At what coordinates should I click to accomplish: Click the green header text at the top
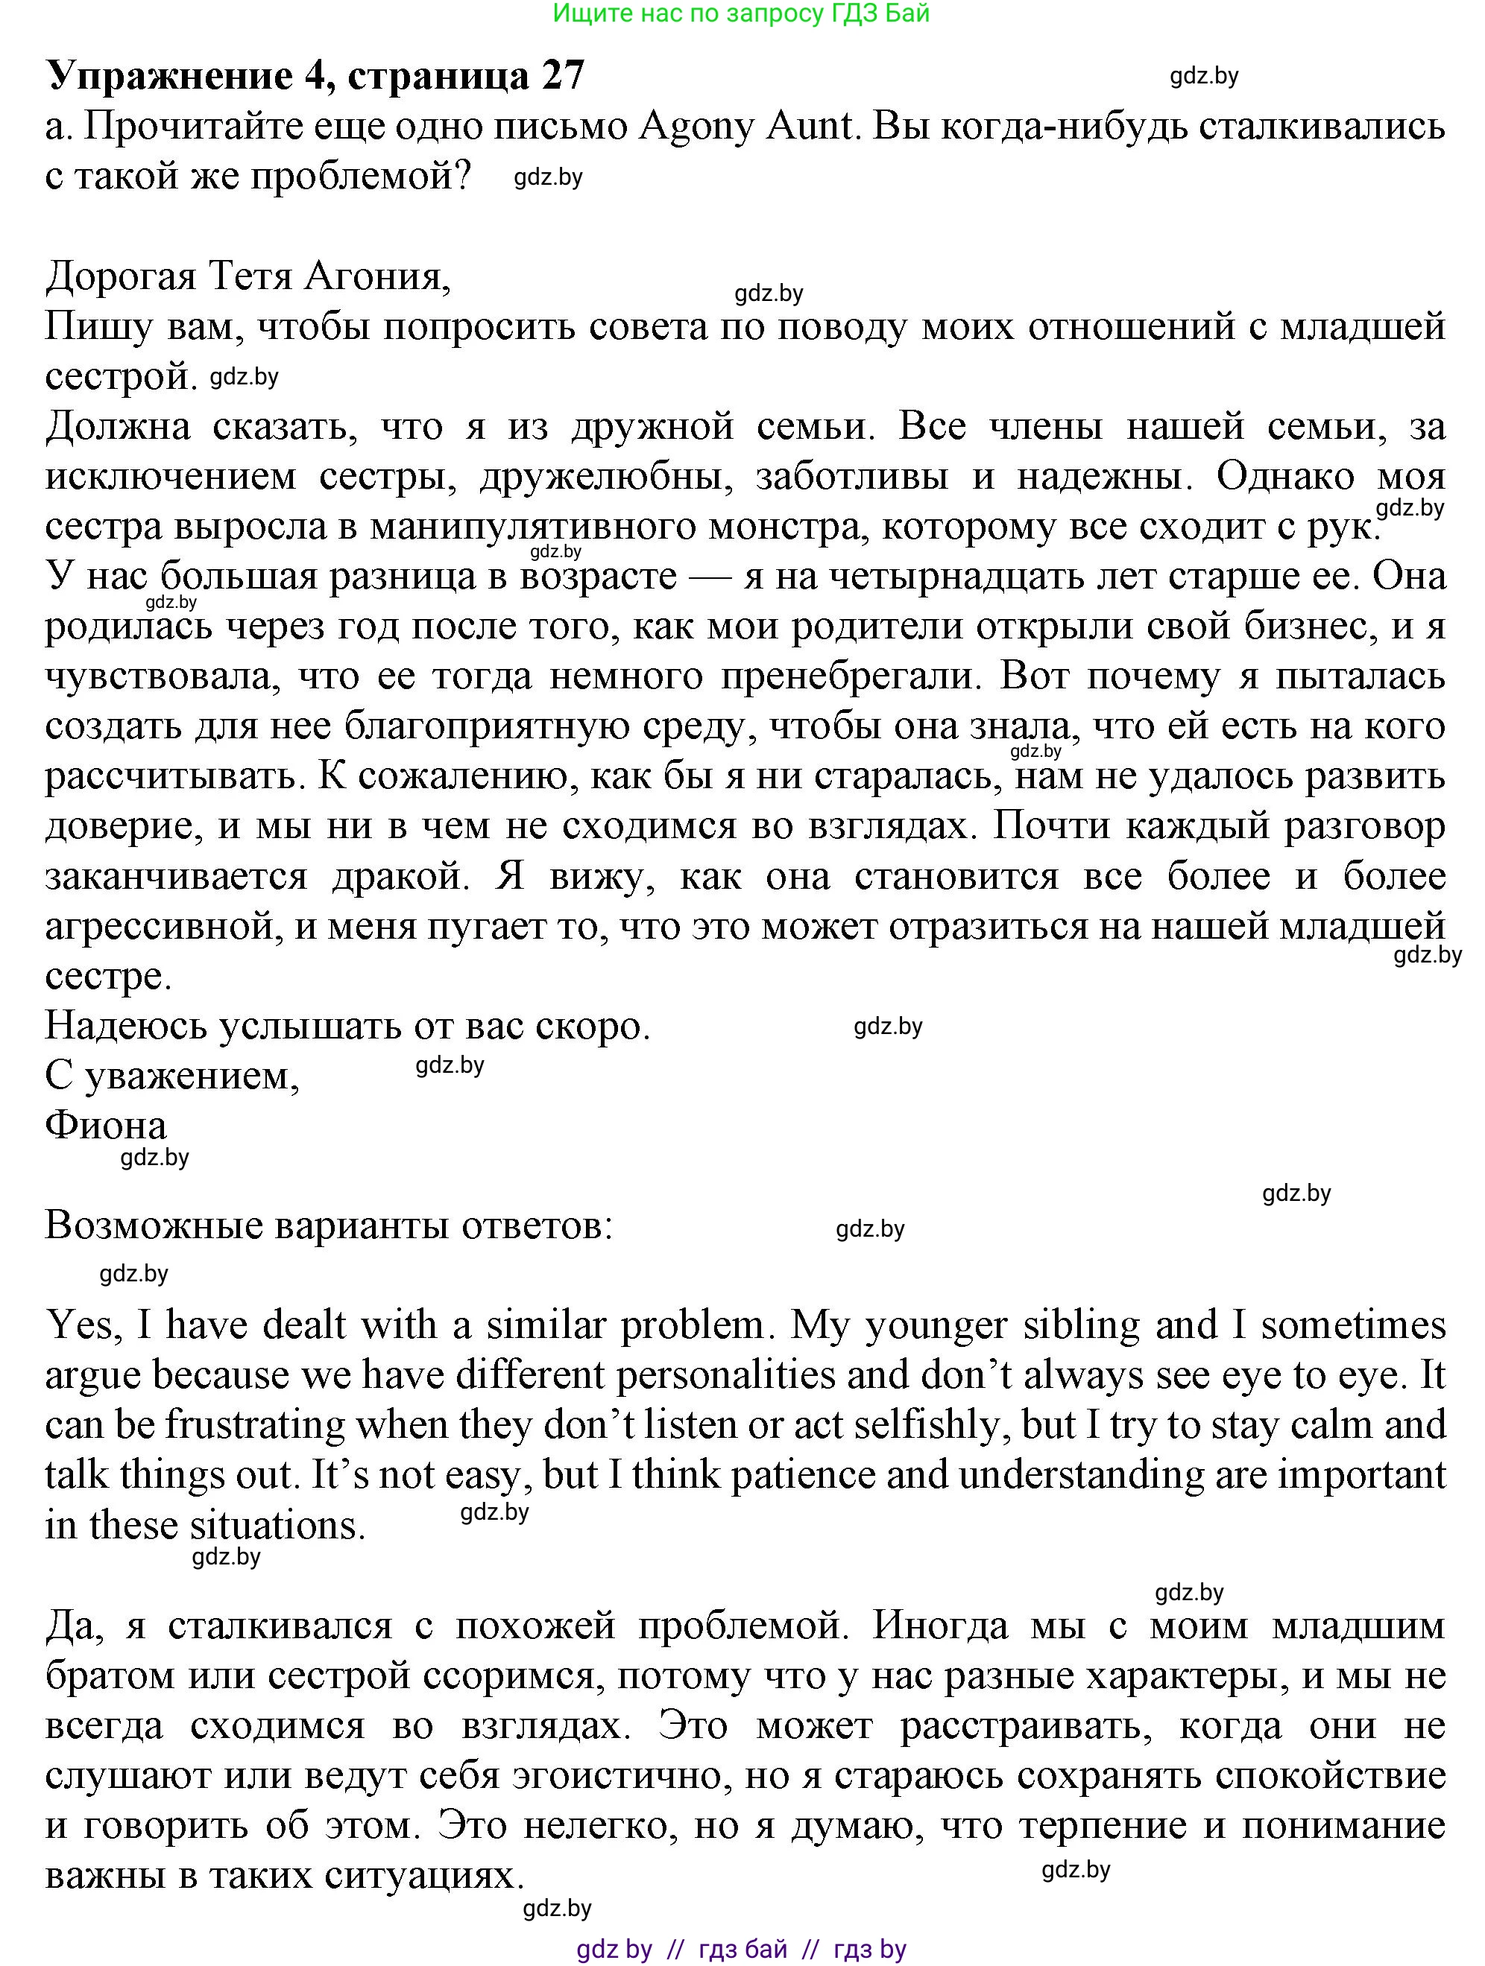(x=741, y=13)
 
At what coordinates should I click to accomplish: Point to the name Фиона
(x=106, y=1126)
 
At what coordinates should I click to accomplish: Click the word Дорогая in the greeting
(x=120, y=277)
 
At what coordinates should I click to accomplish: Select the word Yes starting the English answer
(x=79, y=1325)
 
